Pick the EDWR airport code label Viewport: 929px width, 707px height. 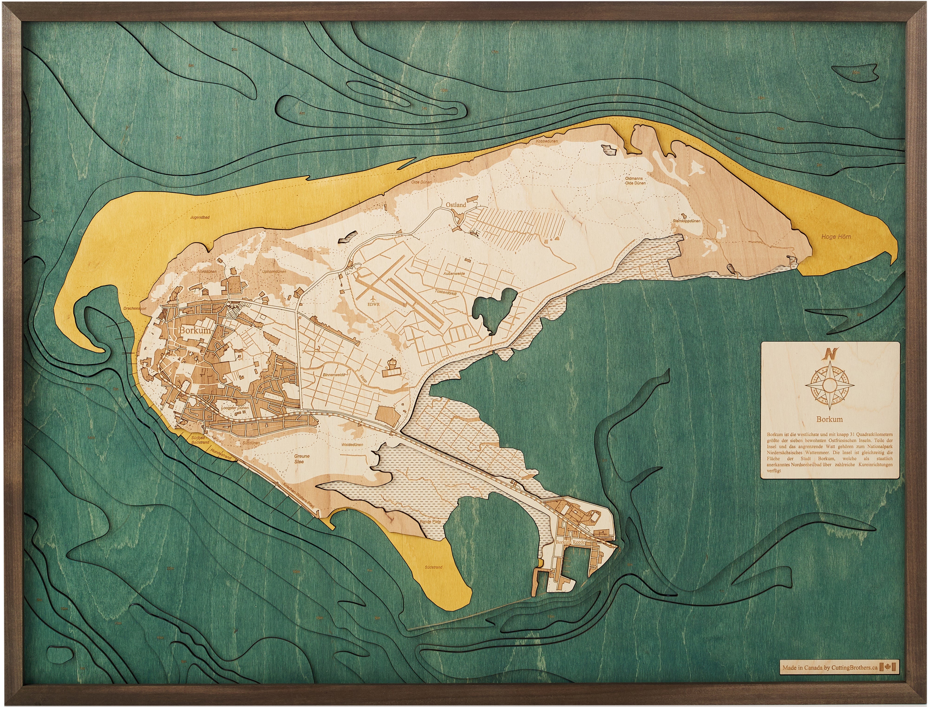373,304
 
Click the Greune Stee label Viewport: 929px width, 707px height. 301,459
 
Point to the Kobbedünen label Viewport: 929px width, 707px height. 547,141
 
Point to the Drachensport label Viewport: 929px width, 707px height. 135,308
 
